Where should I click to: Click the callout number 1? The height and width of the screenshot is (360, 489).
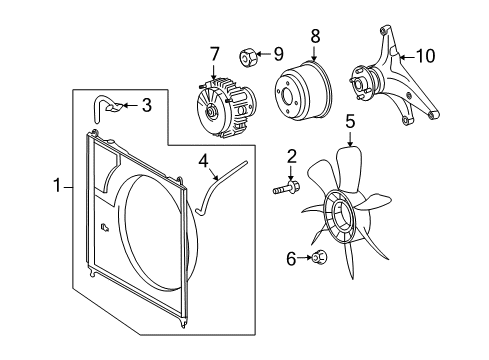[x=57, y=185]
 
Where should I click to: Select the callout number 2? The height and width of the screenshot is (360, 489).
[x=291, y=155]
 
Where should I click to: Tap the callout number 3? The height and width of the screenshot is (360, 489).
[x=146, y=105]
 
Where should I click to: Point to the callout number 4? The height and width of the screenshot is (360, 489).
[x=202, y=159]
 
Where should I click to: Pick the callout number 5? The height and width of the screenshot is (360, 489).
[x=350, y=123]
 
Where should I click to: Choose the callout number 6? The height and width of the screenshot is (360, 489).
[x=291, y=259]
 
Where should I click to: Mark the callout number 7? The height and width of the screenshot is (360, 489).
[x=213, y=52]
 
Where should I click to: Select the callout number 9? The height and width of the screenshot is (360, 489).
[x=279, y=54]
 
